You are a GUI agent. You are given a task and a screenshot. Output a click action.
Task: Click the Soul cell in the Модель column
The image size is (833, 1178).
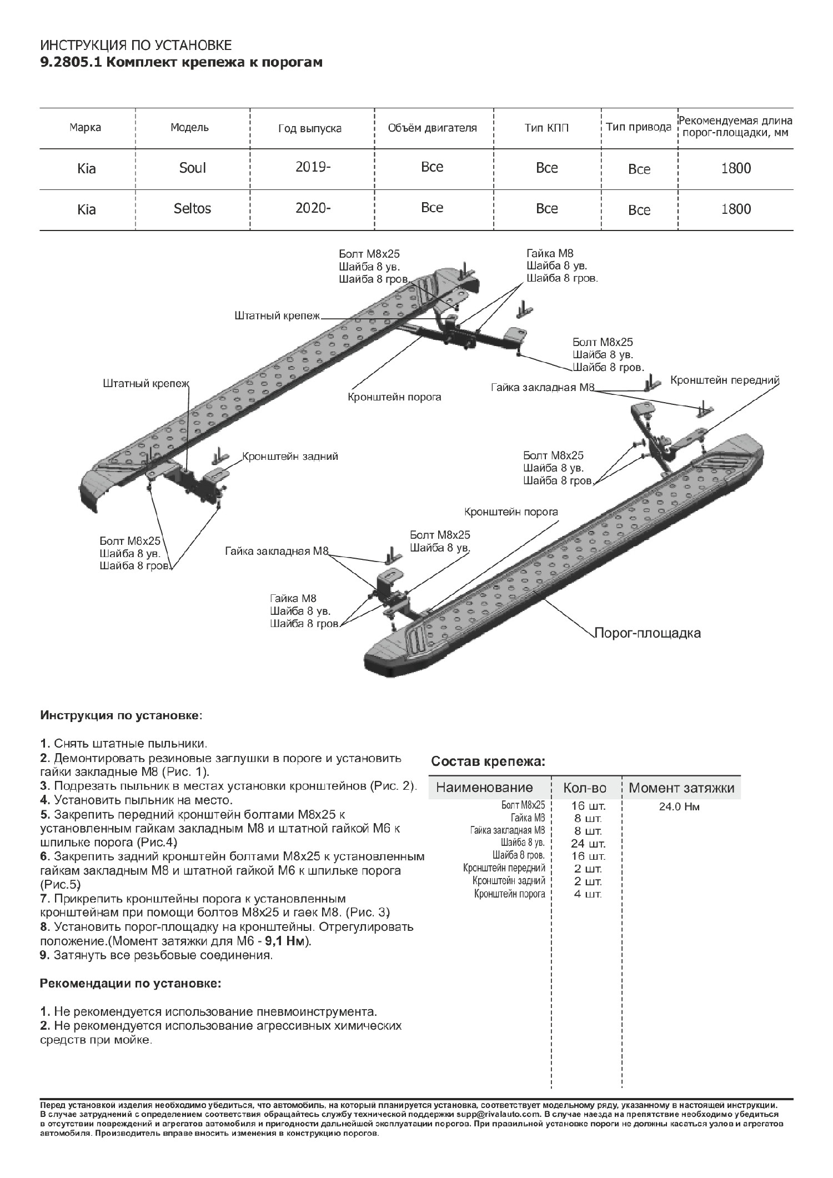[192, 168]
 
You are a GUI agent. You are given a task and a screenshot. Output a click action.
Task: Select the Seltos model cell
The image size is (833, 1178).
[192, 208]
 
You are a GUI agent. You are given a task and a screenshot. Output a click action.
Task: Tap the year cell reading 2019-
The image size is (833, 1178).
[313, 167]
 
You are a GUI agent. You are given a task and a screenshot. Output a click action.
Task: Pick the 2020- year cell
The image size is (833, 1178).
[313, 208]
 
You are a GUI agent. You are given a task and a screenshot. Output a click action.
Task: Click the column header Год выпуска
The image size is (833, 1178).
[309, 129]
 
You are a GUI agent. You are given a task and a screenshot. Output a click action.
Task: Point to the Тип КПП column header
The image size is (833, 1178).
[546, 128]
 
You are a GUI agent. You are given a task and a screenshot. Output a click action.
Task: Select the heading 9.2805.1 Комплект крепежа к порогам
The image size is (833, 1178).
[181, 62]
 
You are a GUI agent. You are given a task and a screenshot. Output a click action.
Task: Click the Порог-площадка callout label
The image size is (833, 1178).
[648, 633]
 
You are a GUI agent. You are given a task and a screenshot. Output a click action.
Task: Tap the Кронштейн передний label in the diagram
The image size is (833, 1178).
[725, 380]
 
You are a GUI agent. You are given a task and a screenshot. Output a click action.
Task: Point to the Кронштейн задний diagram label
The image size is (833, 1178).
[290, 457]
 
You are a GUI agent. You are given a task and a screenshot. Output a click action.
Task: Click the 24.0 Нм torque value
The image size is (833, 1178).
[679, 807]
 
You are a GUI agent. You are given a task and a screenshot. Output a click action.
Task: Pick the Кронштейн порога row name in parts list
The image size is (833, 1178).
[510, 894]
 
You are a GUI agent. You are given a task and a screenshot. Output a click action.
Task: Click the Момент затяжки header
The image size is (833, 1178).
[681, 788]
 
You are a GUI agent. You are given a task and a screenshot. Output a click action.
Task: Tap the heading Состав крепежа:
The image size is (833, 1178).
[489, 761]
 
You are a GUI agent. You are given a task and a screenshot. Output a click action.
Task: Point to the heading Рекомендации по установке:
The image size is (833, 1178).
[131, 984]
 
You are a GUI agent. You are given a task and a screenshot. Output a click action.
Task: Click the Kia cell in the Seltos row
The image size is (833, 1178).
[87, 209]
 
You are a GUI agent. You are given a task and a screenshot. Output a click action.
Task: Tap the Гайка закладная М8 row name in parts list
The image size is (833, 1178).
[507, 831]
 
